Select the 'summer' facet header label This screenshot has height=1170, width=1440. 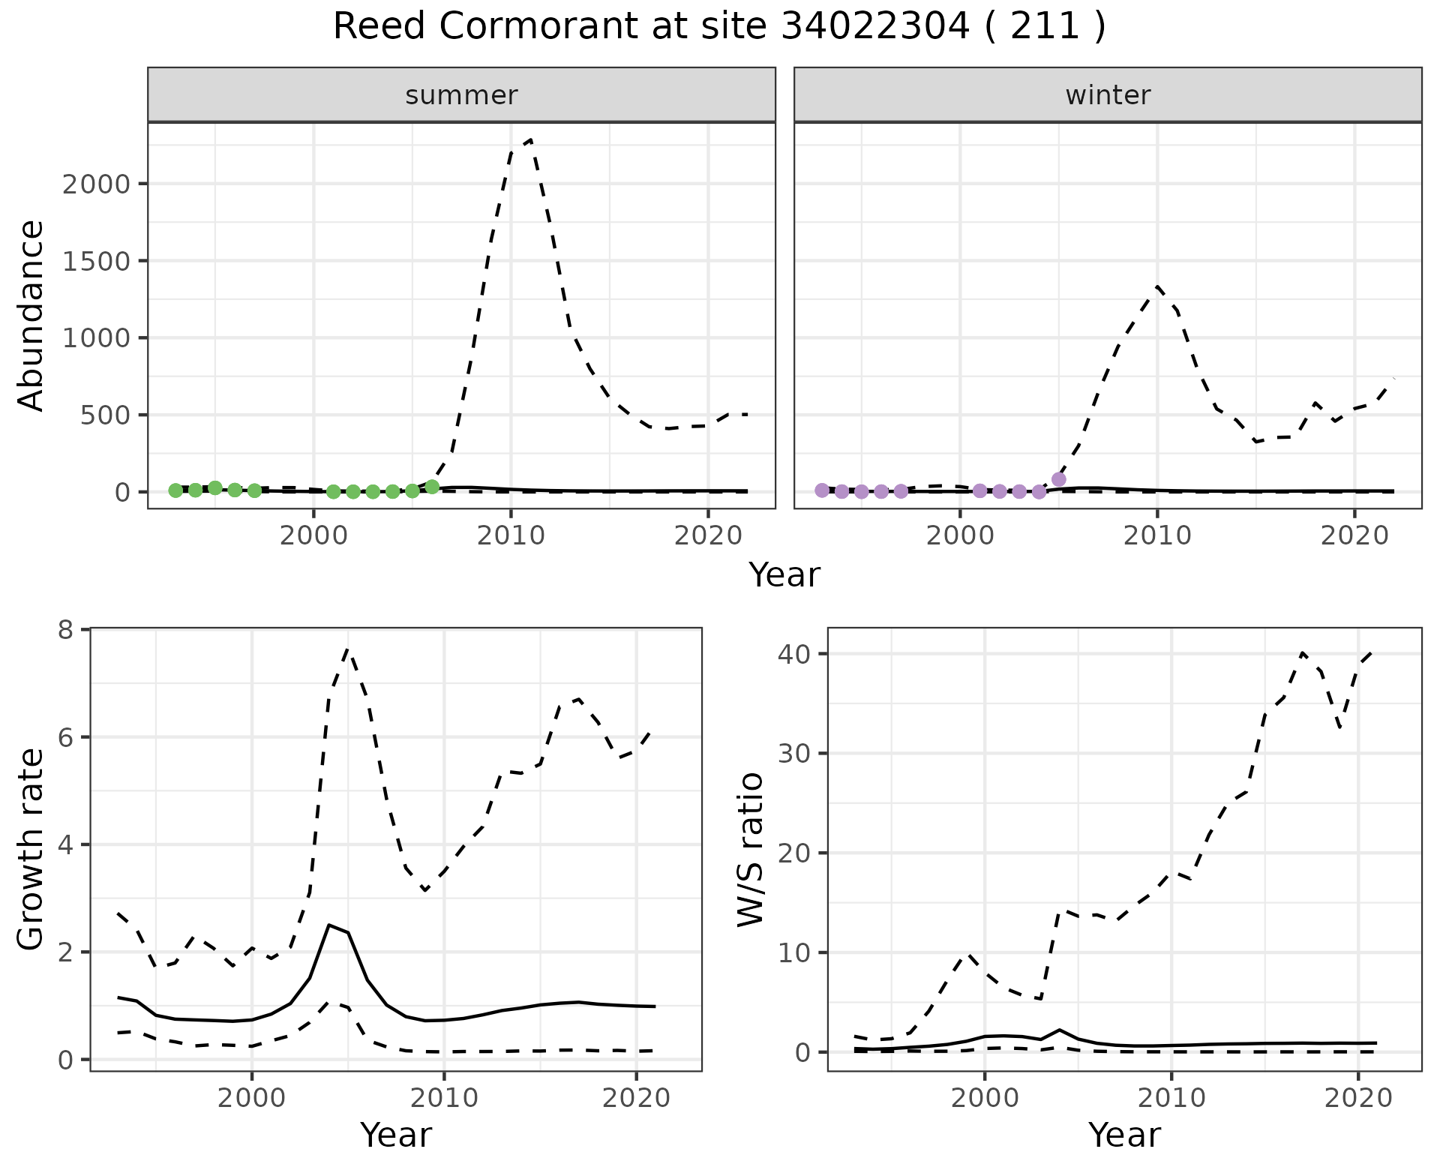point(461,95)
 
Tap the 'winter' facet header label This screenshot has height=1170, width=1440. point(1108,95)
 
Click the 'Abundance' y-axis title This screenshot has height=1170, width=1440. point(31,315)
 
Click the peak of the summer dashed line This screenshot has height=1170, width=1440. point(530,139)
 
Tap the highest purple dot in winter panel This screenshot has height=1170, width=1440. point(1059,479)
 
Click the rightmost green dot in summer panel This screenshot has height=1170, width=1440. point(432,487)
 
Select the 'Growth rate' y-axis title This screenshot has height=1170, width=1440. point(31,849)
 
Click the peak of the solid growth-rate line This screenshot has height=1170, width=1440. point(328,925)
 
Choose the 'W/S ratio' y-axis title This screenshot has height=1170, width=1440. point(750,849)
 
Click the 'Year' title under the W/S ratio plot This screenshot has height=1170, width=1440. point(1124,1135)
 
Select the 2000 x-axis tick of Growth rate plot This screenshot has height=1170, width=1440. point(252,1099)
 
